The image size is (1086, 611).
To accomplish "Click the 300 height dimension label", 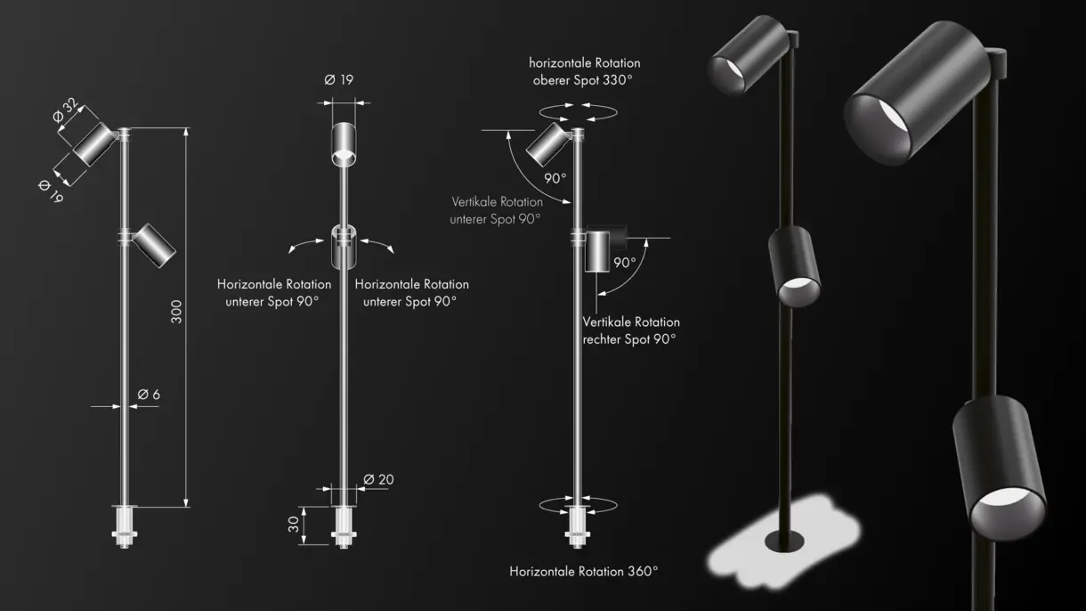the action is [x=176, y=312].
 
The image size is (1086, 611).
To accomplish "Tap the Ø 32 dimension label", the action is [x=65, y=110].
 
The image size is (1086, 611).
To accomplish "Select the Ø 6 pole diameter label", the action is [x=149, y=395].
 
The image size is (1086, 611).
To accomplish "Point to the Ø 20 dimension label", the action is [x=378, y=479].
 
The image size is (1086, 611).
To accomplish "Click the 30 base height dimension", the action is [x=294, y=525].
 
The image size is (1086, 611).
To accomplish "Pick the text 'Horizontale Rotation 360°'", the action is [x=584, y=571].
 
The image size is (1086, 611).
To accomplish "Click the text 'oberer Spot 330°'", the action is [x=583, y=80].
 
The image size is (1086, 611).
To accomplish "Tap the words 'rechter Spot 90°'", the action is [x=629, y=339].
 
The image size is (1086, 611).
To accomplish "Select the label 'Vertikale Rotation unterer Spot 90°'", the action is [x=497, y=210].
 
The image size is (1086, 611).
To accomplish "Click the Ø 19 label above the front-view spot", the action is [x=339, y=79].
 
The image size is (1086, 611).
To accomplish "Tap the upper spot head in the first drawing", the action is [x=94, y=144].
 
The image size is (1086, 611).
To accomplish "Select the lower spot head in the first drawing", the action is [x=154, y=245].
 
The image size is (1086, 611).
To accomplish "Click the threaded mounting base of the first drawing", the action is [x=125, y=527].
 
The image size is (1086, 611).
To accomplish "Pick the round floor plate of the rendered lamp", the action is [x=784, y=541].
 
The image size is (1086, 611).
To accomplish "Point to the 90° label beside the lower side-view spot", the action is [x=625, y=263].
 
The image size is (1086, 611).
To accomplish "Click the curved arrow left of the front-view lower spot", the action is [x=305, y=244].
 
